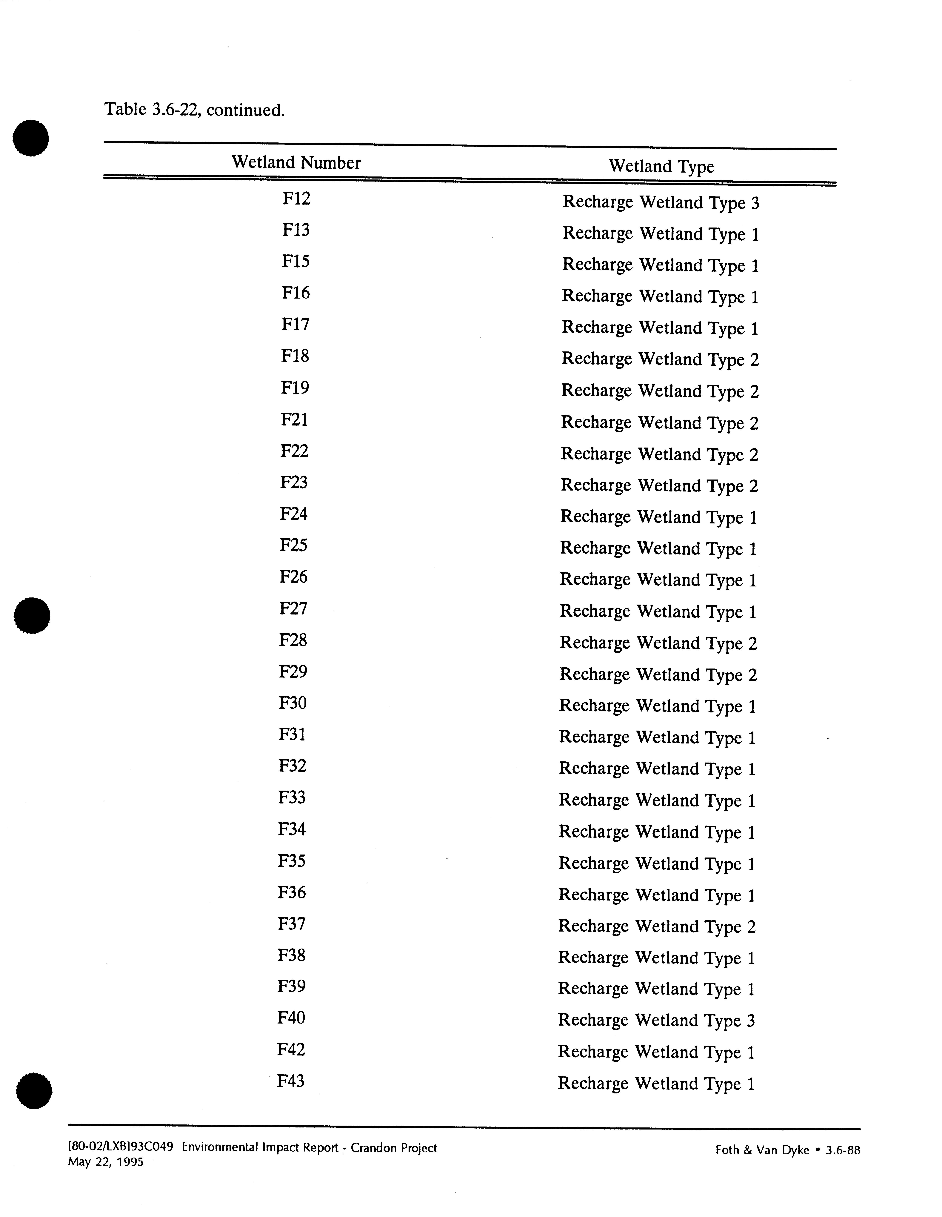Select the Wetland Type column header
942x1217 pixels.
[661, 166]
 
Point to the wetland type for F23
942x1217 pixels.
[660, 485]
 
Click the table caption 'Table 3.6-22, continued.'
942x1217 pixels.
[194, 110]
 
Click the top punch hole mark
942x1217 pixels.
[31, 138]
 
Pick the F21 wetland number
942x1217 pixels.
[294, 419]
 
